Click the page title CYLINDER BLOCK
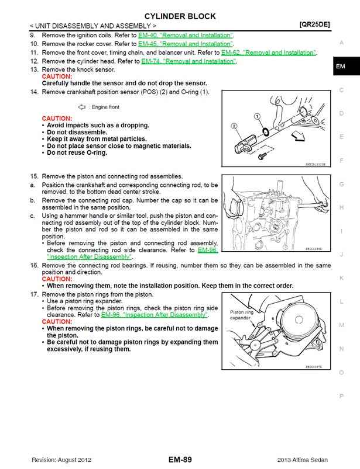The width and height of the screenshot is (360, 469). (180, 16)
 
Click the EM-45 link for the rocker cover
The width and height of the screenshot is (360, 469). (186, 44)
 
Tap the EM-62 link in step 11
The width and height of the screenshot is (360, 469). (269, 53)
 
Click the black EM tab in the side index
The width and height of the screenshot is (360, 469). (341, 67)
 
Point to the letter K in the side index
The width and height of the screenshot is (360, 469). (341, 278)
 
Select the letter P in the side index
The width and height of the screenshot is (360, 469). (341, 396)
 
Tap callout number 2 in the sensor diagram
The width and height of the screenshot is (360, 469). (234, 126)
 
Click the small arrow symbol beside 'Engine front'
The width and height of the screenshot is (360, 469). (81, 107)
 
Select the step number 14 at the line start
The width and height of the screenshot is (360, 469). (33, 92)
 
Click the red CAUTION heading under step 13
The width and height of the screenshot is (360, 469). (57, 77)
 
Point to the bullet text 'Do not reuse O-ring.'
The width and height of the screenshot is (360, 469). (77, 152)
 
